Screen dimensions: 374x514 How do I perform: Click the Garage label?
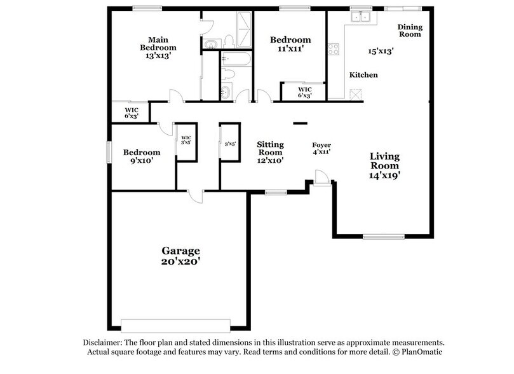180,251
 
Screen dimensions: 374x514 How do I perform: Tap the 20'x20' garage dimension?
180,261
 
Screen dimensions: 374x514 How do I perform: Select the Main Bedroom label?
158,43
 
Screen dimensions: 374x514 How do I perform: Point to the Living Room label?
385,160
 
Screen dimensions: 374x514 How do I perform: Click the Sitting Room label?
270,148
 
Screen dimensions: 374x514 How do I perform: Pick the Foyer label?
321,146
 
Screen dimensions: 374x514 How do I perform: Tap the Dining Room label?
410,30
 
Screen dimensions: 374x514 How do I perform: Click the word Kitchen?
363,75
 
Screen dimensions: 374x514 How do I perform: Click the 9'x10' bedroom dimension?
142,161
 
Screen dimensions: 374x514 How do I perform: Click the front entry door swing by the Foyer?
322,177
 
